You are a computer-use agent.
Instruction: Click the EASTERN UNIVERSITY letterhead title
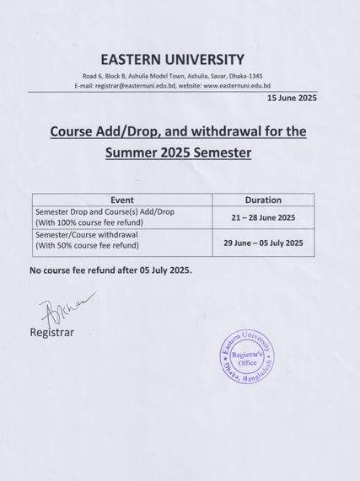click(172, 59)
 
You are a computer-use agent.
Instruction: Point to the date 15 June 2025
click(291, 99)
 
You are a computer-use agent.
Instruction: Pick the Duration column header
click(262, 200)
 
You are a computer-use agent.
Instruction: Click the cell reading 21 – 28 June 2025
click(262, 217)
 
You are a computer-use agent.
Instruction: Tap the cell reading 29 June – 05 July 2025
click(262, 243)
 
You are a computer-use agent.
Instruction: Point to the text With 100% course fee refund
click(89, 222)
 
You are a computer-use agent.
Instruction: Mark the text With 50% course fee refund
click(87, 246)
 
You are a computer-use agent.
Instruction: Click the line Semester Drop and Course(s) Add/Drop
click(105, 211)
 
